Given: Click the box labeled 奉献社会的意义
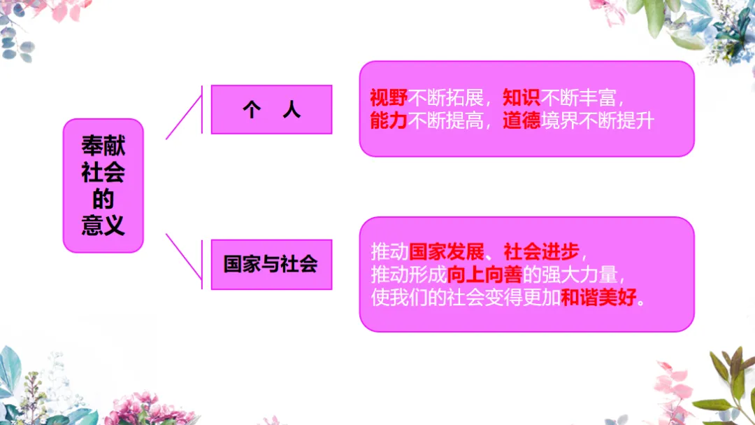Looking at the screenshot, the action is click(103, 186).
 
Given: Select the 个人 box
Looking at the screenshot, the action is click(271, 110).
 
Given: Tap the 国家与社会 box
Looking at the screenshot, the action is click(271, 264).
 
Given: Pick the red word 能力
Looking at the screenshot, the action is click(388, 120).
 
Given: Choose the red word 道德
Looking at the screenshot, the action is click(522, 120).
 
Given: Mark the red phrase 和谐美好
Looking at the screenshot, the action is click(600, 298).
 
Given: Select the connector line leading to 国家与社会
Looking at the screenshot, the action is click(183, 256).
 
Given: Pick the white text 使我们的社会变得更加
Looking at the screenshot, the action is click(466, 298).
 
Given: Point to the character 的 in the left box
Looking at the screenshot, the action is click(103, 200).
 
